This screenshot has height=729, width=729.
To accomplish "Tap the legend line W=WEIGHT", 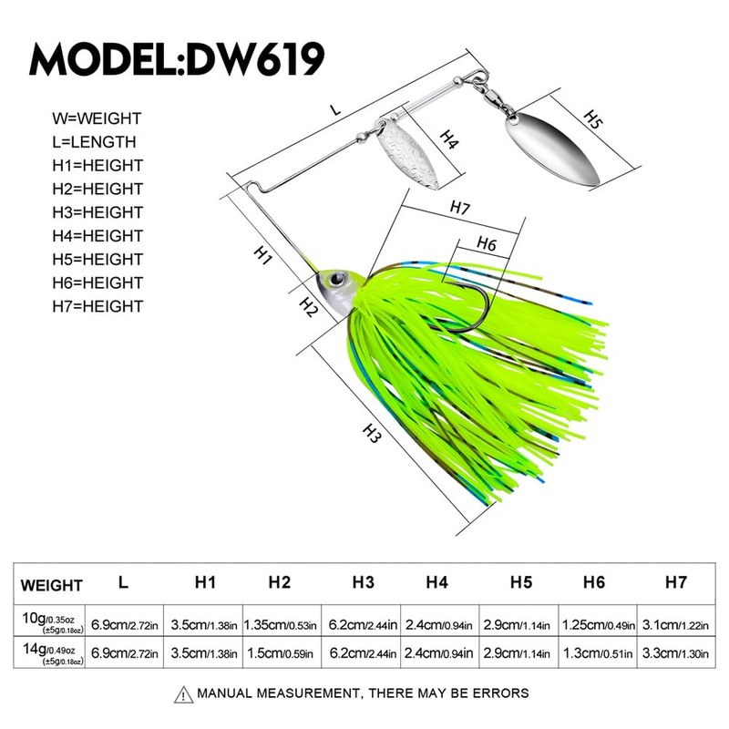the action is pos(98,118).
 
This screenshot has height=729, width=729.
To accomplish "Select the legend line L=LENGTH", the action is pos(95,141).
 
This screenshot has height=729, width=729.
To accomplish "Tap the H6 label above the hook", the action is pos(485,244).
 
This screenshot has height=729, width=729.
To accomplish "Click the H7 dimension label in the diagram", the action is pos(460,208).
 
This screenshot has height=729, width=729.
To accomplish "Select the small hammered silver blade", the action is pos(401,149).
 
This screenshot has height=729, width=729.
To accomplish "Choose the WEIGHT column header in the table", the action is pos(52,585).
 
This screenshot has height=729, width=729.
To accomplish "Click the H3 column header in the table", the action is pos(364,582).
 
